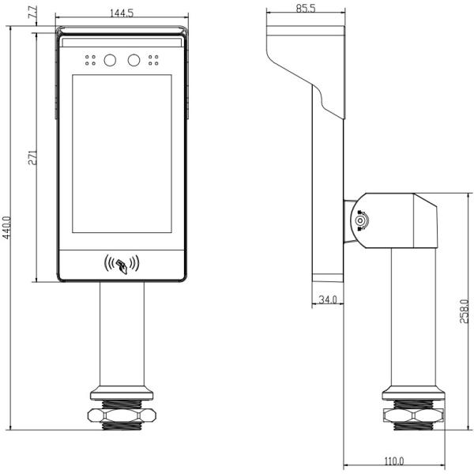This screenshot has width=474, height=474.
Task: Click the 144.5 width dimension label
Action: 122,13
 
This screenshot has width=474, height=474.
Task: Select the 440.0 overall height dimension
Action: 6,228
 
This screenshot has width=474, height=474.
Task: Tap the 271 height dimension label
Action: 32,157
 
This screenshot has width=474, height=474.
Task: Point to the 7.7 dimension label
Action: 32,12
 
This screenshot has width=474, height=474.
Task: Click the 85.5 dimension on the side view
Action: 306,8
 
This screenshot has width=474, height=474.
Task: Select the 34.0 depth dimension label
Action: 328,299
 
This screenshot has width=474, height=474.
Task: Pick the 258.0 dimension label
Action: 464,311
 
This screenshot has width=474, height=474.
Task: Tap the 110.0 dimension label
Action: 394,461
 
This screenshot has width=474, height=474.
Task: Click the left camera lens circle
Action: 110,60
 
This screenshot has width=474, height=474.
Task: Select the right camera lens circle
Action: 134,60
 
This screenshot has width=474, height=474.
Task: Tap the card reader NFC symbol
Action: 122,264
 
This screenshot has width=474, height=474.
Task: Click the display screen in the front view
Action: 122,154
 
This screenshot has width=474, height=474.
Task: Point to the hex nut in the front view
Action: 122,415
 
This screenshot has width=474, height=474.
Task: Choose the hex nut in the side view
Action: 413,415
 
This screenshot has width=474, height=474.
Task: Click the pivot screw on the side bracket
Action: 360,220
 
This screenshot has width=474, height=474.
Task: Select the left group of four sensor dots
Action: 90,60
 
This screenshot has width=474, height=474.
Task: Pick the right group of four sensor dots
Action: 153,60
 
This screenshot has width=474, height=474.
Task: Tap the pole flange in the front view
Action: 122,393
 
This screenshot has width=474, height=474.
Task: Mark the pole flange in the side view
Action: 413,393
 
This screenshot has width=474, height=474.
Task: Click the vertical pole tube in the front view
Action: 122,333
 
